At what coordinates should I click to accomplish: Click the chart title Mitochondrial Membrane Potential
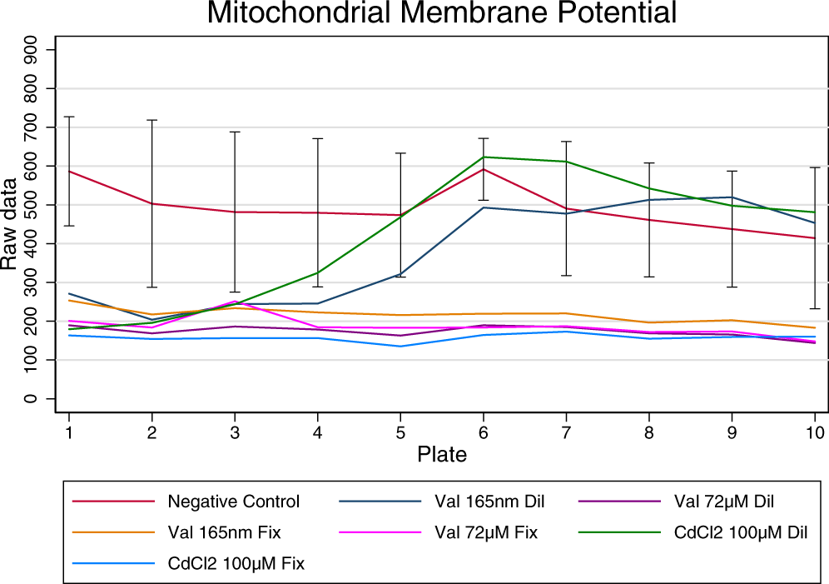pos(441,14)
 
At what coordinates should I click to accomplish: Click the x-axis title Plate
pos(441,455)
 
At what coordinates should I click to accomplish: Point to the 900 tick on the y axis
pos(31,49)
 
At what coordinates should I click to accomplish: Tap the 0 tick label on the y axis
pos(31,398)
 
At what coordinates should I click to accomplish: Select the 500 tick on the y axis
pos(31,204)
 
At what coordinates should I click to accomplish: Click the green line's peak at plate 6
pos(483,157)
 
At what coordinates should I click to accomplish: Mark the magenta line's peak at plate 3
pos(235,301)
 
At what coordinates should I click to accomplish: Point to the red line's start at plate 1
pos(69,171)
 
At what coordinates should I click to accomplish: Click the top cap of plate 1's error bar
pos(69,117)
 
